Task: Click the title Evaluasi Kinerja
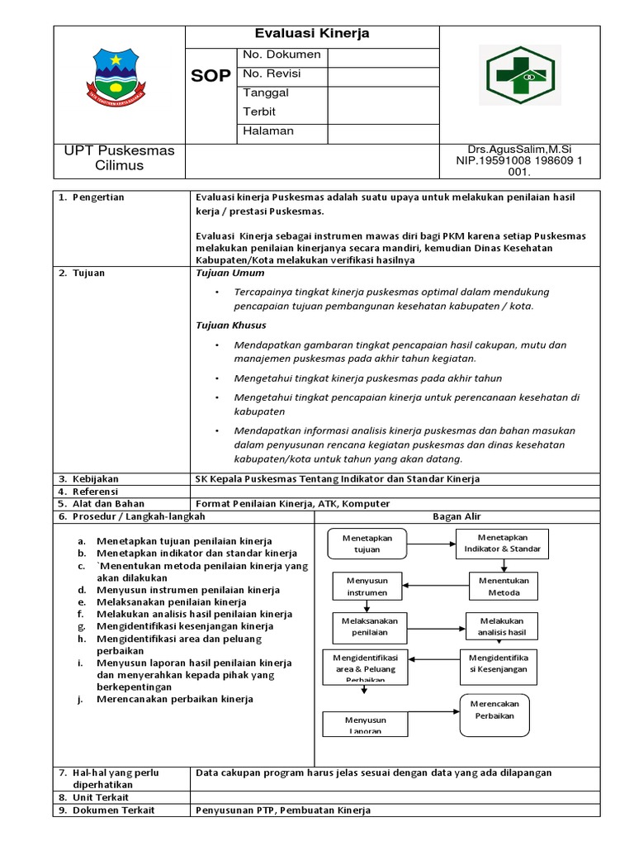[311, 34]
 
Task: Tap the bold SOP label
[211, 76]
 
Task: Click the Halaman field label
[267, 131]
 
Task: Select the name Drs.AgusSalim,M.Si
[519, 149]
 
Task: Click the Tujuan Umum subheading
[230, 273]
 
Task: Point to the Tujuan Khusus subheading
[231, 325]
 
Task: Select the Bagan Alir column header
[457, 516]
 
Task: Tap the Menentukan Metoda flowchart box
[504, 587]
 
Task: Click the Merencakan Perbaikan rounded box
[494, 710]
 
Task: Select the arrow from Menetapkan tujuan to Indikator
[431, 544]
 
